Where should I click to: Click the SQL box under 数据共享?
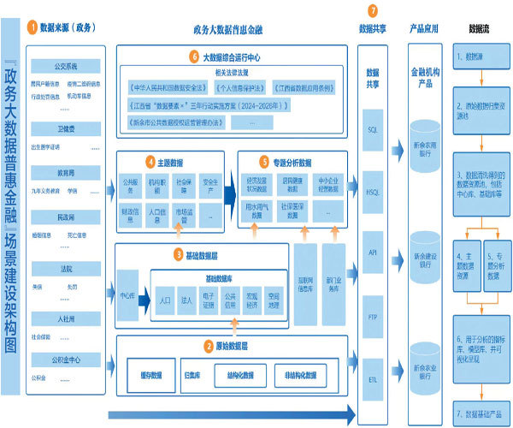pos(372,129)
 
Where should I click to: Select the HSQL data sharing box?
pos(372,192)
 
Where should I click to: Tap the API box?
pos(372,253)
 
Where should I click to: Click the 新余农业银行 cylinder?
pos(425,366)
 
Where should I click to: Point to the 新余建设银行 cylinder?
pos(425,257)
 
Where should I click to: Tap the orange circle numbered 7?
pos(372,10)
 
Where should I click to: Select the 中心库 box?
pos(127,296)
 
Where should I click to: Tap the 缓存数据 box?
pos(150,375)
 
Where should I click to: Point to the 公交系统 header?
pos(66,65)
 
